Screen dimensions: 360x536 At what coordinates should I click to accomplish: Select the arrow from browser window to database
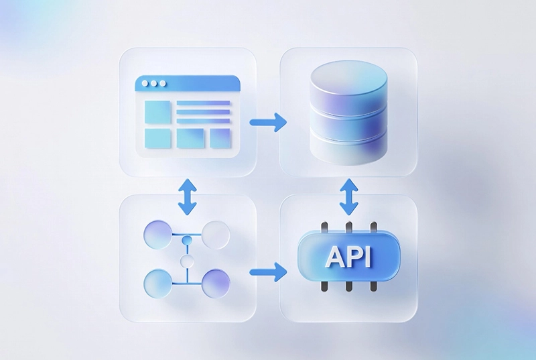point(268,122)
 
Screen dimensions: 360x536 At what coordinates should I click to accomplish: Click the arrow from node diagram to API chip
point(268,272)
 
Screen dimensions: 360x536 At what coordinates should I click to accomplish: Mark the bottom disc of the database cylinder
point(350,149)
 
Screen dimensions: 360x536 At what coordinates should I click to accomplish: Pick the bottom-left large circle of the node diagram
point(157,282)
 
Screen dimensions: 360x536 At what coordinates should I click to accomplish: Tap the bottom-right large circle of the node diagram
point(216,282)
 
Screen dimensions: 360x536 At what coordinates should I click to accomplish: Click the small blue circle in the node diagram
point(188,239)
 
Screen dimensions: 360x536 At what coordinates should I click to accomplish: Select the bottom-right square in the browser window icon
point(220,138)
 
